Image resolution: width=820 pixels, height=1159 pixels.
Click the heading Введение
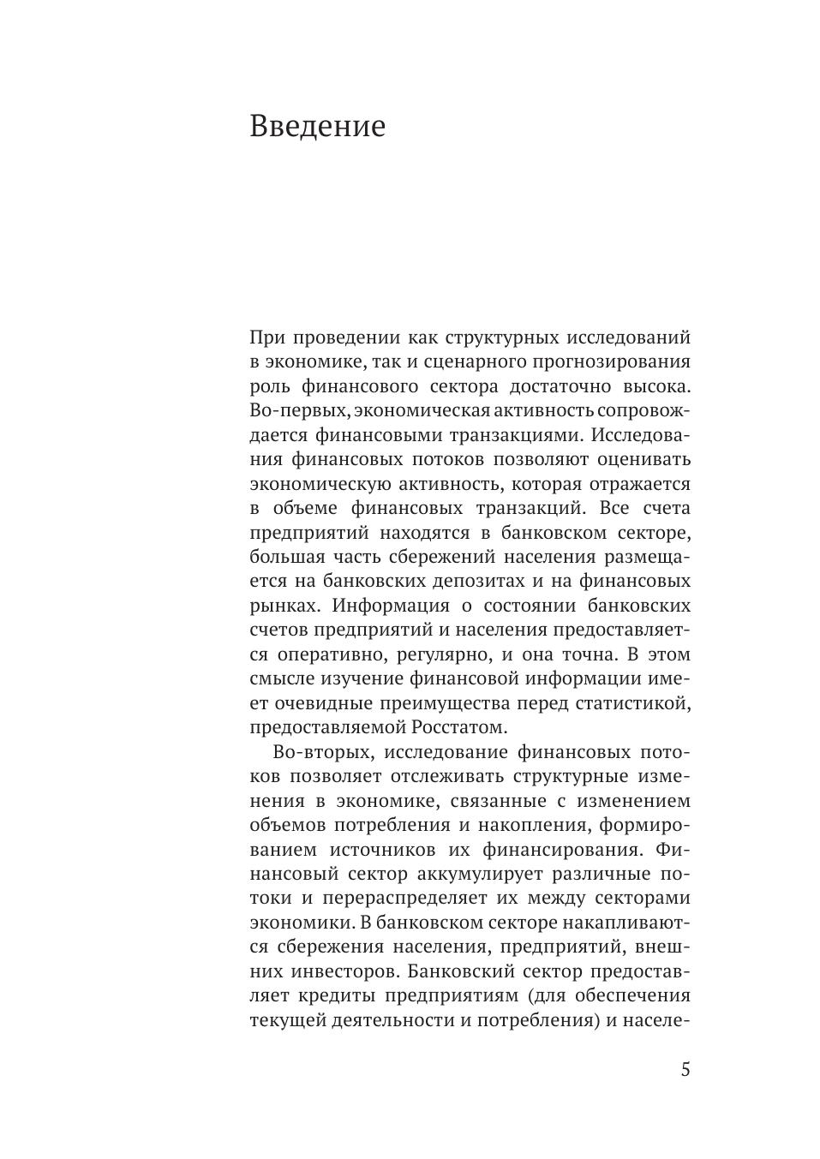tap(317, 127)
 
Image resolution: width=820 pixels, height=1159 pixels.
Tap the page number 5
tap(685, 1070)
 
